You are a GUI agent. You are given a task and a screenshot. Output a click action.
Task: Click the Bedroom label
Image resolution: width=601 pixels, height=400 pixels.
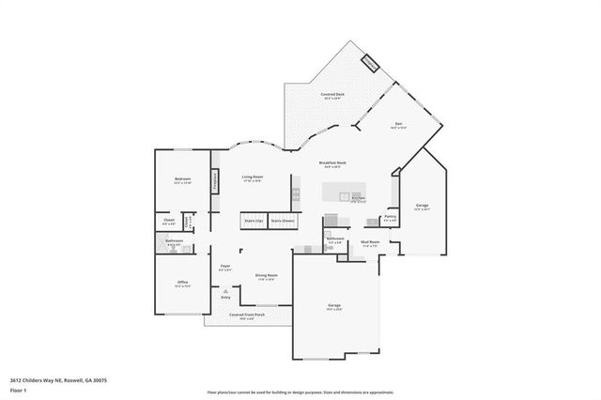183,178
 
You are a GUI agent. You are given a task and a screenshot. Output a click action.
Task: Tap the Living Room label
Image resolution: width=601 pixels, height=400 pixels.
252,177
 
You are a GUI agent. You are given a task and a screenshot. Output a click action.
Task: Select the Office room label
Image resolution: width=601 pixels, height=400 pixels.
183,283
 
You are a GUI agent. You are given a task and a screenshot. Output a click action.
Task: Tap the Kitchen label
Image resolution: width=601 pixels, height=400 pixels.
358,198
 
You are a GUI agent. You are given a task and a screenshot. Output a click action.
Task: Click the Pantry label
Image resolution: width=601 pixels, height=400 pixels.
391,217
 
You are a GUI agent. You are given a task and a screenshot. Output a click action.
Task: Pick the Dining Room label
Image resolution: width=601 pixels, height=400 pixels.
266,275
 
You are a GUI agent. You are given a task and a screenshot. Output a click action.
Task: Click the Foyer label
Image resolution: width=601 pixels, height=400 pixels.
225,267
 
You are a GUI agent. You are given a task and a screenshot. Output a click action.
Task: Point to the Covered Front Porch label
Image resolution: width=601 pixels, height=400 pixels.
247,315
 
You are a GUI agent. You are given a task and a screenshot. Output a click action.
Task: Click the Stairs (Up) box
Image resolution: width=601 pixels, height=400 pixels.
253,221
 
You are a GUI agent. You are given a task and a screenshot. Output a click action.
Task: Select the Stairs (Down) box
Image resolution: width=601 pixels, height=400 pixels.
282,221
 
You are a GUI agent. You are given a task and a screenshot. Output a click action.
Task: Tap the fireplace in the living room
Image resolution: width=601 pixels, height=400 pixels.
215,180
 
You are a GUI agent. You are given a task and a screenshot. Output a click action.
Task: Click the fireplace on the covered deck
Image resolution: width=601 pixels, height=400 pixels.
370,64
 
